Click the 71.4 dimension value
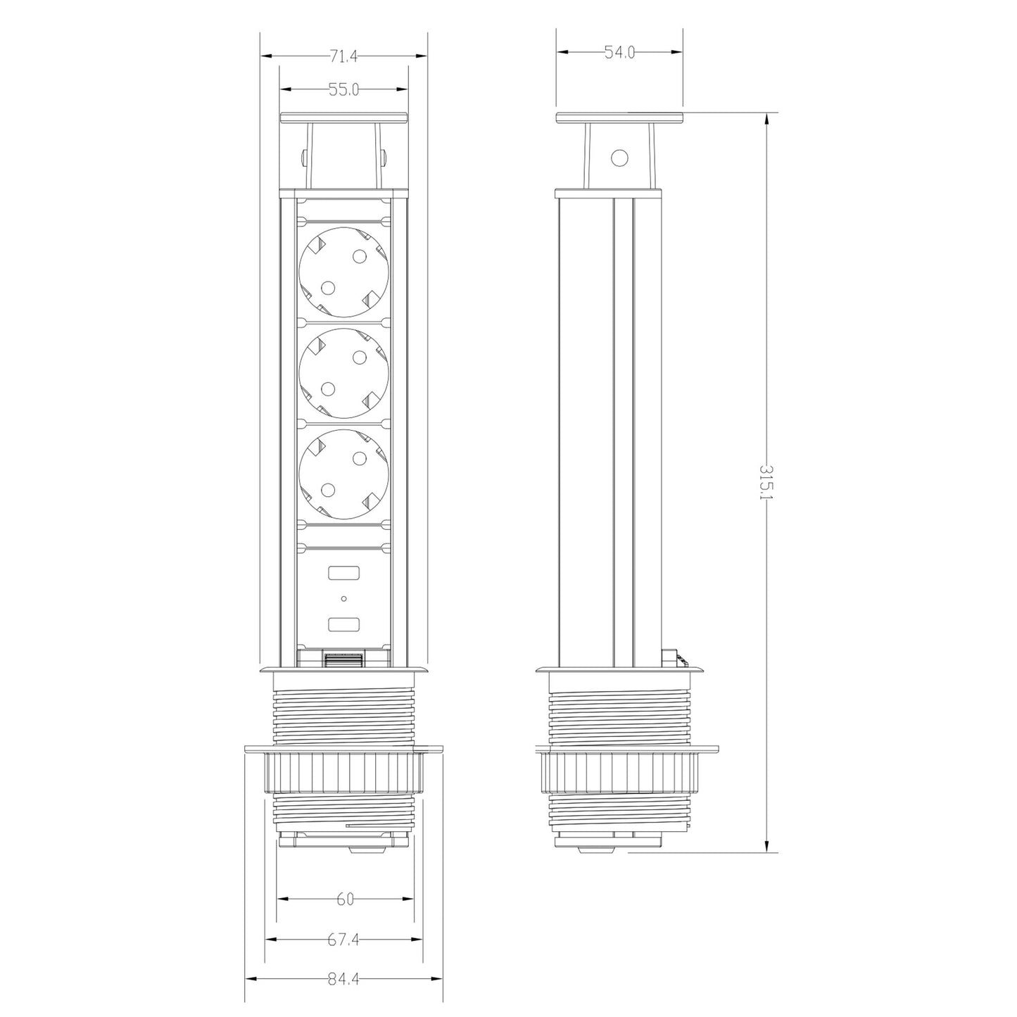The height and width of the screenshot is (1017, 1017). (x=343, y=56)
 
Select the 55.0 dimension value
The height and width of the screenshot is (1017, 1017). (x=343, y=90)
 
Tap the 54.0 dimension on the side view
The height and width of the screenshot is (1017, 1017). (x=619, y=52)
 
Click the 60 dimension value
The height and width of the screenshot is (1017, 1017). (x=345, y=900)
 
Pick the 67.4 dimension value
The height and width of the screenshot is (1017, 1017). (x=343, y=940)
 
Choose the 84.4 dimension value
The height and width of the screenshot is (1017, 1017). (x=343, y=980)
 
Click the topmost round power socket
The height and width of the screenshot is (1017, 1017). (x=343, y=272)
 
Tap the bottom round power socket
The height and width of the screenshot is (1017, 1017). (x=343, y=474)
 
